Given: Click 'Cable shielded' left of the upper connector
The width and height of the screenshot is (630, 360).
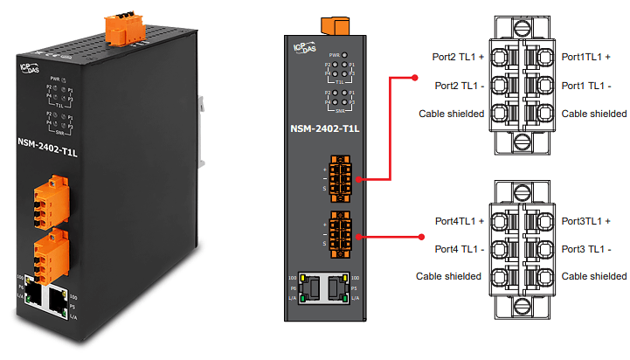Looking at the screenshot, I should (x=451, y=114).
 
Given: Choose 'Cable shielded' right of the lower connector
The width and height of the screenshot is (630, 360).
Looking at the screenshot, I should (x=594, y=276).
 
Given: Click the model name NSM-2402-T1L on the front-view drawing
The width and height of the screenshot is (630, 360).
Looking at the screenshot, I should (x=324, y=130).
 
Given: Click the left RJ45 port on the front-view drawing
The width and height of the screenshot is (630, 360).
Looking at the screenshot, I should (x=312, y=287).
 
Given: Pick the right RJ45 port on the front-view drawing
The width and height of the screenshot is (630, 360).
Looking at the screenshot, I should (x=337, y=287).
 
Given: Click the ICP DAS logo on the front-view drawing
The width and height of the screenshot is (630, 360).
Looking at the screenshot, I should (x=308, y=50).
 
